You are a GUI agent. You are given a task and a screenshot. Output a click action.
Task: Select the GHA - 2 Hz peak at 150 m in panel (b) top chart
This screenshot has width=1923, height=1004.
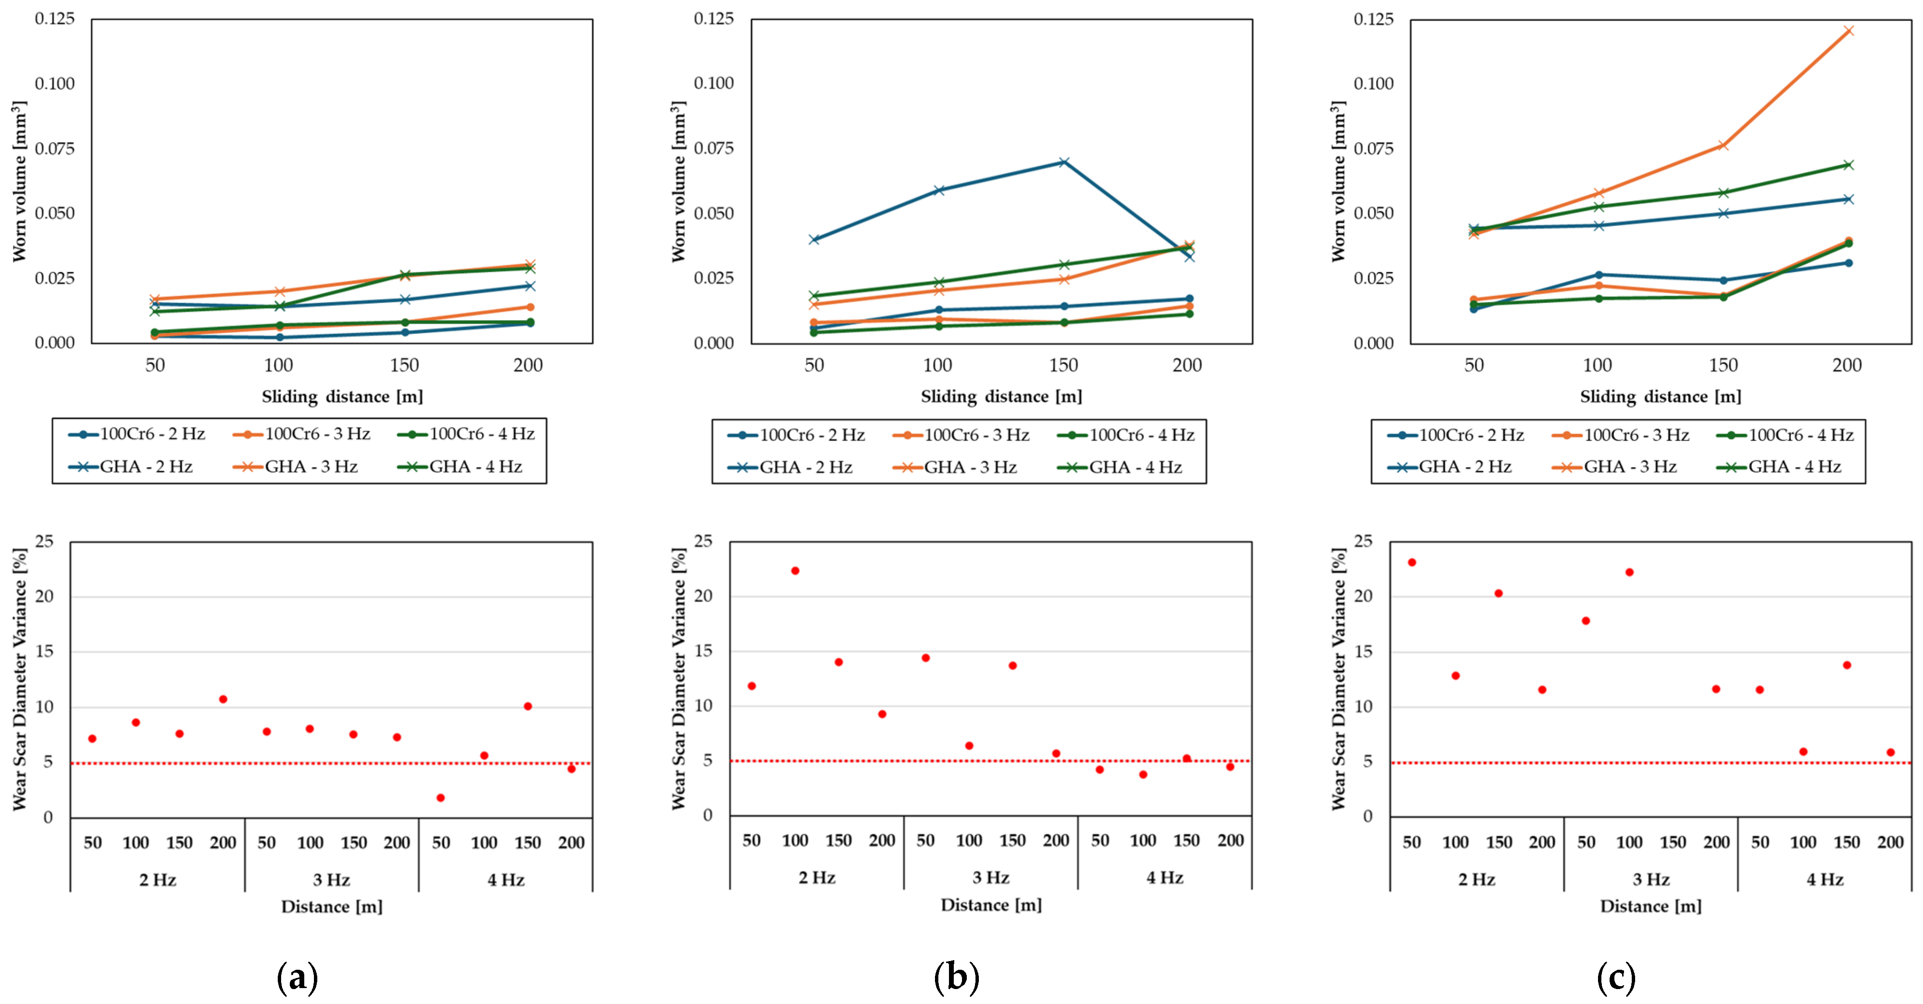click(1064, 162)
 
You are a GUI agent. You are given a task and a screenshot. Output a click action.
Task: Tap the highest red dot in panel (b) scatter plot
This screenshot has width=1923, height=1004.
click(795, 571)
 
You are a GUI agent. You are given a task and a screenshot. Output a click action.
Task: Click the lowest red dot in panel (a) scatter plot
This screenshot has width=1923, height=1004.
click(440, 798)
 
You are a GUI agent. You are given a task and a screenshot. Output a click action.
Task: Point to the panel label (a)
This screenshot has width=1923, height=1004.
click(297, 976)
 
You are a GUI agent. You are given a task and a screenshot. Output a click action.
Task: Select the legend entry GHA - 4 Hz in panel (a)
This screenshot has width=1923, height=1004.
click(475, 467)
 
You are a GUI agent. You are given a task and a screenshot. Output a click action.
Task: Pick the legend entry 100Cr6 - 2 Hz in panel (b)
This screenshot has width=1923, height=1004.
click(812, 435)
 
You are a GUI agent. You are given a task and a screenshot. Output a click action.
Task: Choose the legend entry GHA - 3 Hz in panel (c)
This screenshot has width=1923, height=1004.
click(1630, 467)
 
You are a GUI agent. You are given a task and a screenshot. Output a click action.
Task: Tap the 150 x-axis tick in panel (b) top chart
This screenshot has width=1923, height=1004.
click(1063, 365)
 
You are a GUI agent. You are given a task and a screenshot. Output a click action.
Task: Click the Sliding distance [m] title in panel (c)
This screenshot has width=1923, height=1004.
click(1660, 397)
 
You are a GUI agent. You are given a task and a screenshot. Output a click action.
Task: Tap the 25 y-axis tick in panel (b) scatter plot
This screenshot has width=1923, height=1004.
click(703, 541)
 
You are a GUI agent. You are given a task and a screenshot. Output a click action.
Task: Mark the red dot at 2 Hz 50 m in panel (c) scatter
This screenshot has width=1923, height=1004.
click(1412, 563)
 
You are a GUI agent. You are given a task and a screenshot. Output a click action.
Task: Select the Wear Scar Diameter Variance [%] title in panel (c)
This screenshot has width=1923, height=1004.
click(1339, 678)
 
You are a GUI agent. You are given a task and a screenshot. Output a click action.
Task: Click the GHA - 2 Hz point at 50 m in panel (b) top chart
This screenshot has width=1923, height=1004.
click(814, 239)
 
